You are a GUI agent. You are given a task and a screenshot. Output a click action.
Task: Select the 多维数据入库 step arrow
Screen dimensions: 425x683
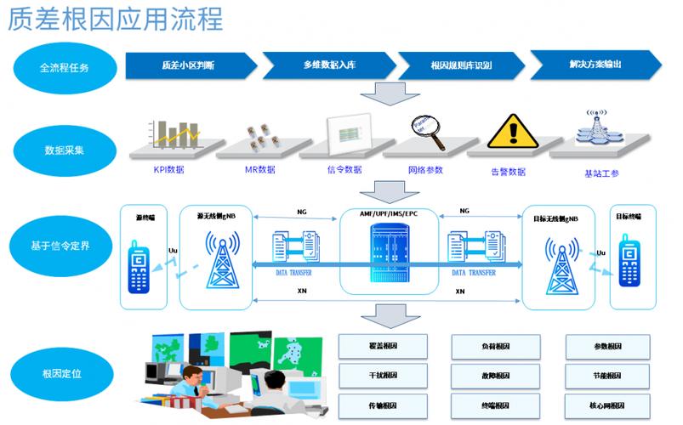click(x=327, y=65)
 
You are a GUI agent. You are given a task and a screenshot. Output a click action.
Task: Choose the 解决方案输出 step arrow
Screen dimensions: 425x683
click(x=595, y=64)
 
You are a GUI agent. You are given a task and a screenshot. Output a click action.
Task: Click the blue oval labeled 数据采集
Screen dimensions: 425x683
click(x=64, y=150)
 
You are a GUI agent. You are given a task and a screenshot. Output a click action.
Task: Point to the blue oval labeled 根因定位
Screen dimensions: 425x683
click(x=64, y=374)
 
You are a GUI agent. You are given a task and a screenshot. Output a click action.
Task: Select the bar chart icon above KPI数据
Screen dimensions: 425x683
click(x=174, y=132)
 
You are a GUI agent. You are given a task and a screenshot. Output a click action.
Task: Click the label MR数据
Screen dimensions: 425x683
click(x=259, y=170)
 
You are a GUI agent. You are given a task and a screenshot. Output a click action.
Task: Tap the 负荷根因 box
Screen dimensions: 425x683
click(x=494, y=346)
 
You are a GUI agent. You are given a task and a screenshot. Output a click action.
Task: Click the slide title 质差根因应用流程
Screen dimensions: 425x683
click(x=115, y=19)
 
